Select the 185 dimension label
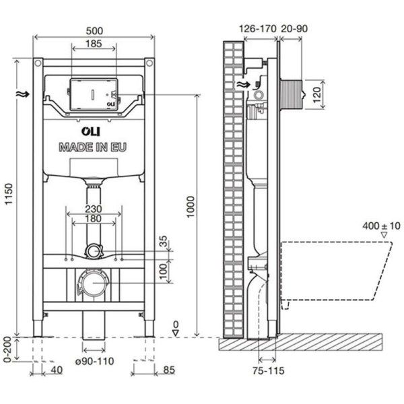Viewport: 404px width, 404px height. [94, 44]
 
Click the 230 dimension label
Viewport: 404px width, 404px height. [94, 209]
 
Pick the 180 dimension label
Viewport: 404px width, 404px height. [94, 219]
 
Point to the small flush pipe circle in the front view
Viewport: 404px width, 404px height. [94, 252]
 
